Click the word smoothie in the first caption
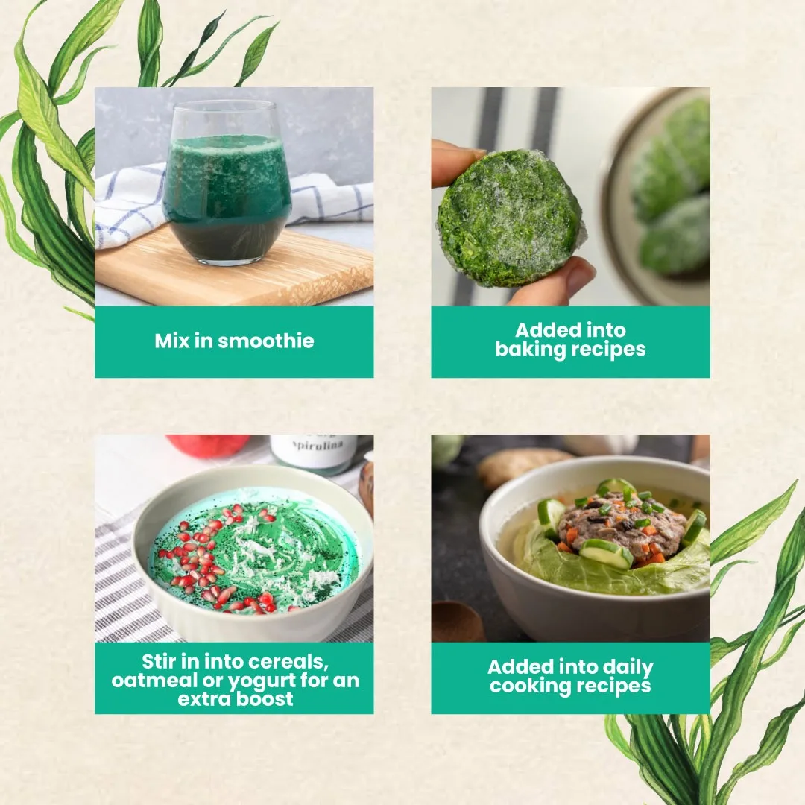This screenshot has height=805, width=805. (x=266, y=341)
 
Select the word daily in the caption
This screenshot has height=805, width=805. (x=628, y=667)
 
